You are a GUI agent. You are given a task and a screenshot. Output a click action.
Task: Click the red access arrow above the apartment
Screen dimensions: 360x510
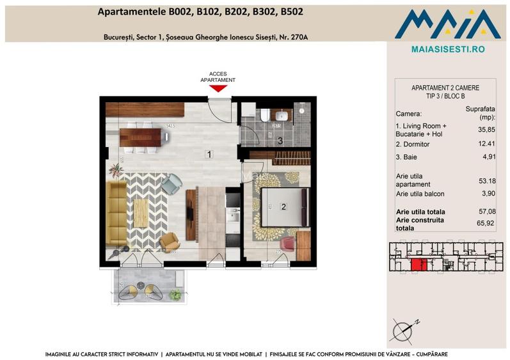coord(218,88)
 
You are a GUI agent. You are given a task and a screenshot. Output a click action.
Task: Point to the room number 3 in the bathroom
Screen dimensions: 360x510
coord(279,141)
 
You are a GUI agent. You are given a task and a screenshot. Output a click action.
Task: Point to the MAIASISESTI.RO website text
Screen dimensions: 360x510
coord(447,48)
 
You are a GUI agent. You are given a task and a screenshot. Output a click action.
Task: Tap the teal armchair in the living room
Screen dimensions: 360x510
coord(171,185)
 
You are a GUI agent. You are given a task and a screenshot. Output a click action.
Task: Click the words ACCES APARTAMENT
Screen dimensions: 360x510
coord(218,77)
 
